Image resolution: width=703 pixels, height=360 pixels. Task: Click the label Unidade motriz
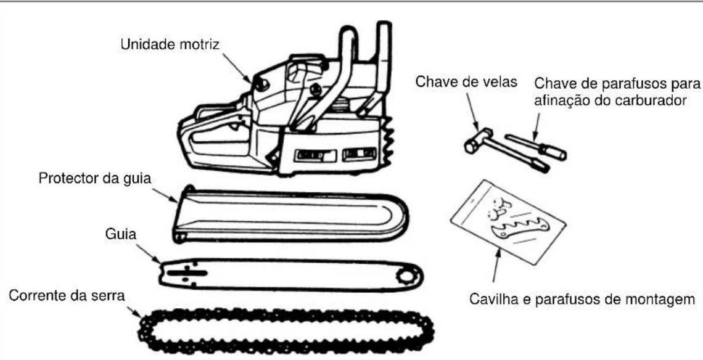point(170,45)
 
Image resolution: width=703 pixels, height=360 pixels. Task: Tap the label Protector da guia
point(95,178)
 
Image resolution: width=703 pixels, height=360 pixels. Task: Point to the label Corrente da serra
point(67,296)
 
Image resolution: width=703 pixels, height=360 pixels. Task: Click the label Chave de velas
point(466,82)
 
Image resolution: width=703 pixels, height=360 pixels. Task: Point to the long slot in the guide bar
point(187,272)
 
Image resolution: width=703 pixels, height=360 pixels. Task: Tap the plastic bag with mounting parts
point(508,221)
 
